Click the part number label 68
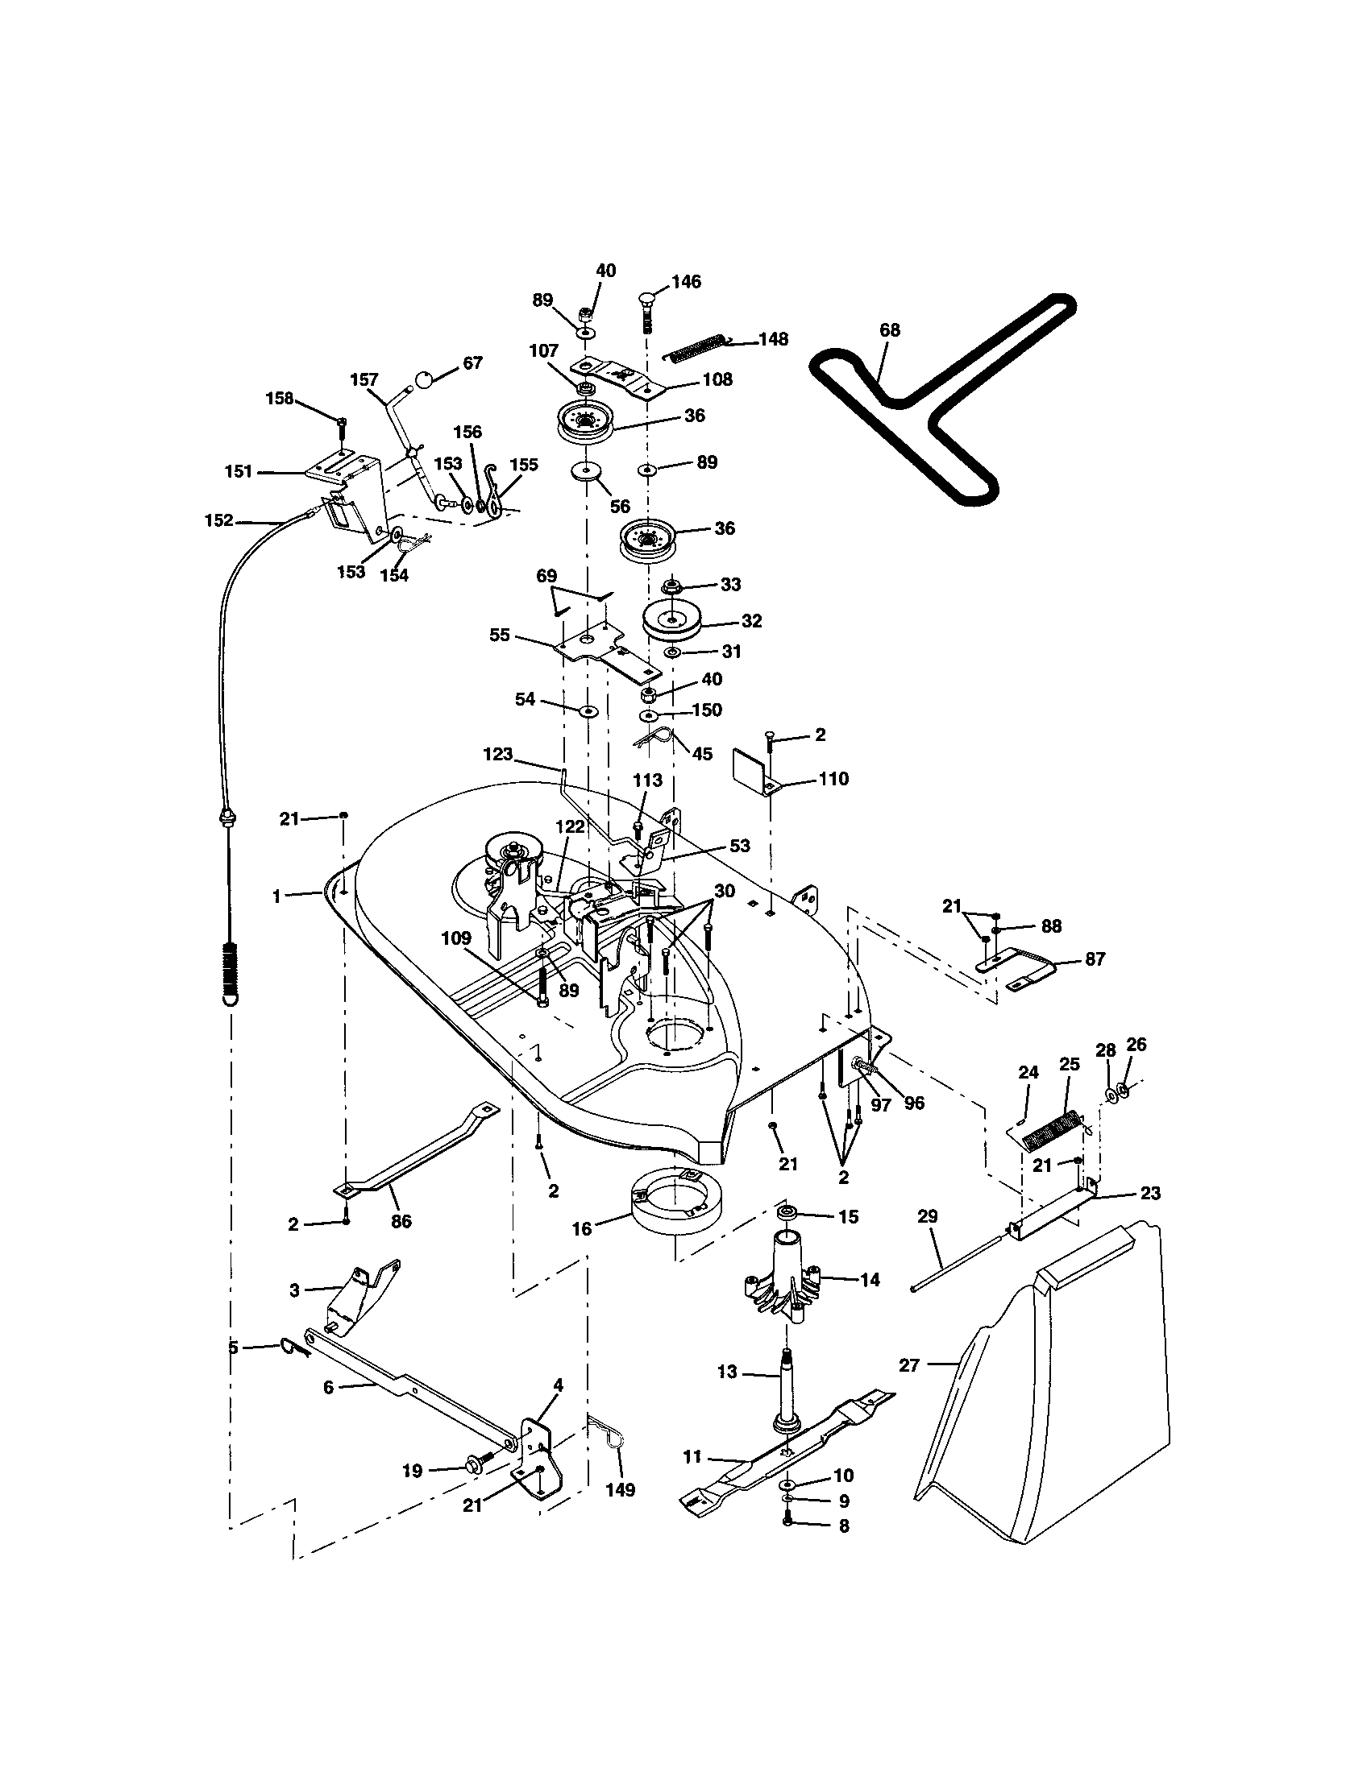[890, 330]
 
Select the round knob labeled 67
[426, 378]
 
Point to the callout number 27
[909, 1365]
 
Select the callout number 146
[687, 282]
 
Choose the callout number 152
[219, 520]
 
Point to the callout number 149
[620, 1489]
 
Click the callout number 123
[497, 754]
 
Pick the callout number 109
[456, 938]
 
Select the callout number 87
[1095, 958]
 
